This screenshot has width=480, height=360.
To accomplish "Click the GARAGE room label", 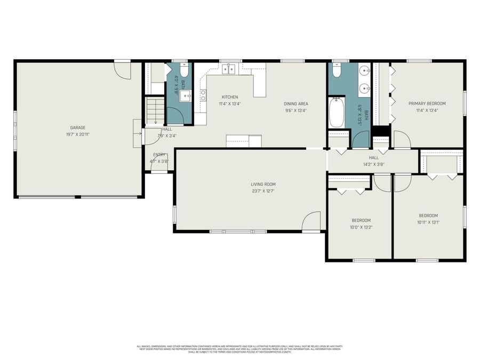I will pyautogui.click(x=78, y=128).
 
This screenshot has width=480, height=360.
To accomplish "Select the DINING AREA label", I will pyautogui.click(x=296, y=104).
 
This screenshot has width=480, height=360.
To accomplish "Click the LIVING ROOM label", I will pyautogui.click(x=264, y=185).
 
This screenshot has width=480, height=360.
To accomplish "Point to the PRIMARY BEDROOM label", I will pyautogui.click(x=427, y=103).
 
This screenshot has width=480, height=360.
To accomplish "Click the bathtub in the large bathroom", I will pyautogui.click(x=337, y=112).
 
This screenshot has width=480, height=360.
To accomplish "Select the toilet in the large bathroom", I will pyautogui.click(x=337, y=71).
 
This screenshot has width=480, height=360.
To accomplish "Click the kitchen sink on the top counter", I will pyautogui.click(x=230, y=69).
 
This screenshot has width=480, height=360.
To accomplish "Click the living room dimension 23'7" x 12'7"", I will pyautogui.click(x=264, y=191).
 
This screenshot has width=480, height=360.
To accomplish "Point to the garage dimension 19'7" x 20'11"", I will pyautogui.click(x=78, y=135).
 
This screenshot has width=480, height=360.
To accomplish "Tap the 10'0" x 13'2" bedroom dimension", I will pyautogui.click(x=361, y=227).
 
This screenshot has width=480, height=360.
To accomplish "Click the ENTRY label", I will pyautogui.click(x=159, y=155).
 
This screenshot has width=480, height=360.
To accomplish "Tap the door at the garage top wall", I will pyautogui.click(x=123, y=70).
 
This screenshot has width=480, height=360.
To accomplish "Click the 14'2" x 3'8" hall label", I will pyautogui.click(x=373, y=164).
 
